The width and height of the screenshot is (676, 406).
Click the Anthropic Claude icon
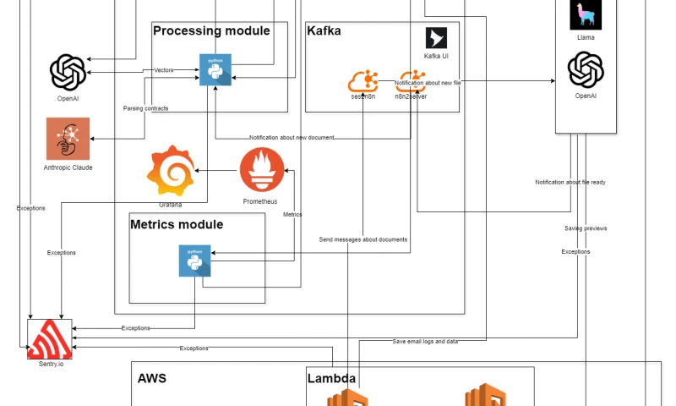68,139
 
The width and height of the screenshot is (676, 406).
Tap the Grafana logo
172,172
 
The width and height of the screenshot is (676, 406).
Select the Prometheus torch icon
262,169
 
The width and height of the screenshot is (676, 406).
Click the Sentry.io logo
50,341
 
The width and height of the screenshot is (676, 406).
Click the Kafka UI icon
436,38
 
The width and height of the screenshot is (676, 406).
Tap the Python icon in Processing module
215,69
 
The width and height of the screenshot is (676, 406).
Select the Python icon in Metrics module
194,261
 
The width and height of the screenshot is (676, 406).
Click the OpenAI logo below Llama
586,69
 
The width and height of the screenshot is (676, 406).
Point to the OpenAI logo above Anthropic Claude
68,72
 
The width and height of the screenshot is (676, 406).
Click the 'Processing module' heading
211,31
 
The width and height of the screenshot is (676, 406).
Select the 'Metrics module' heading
177,225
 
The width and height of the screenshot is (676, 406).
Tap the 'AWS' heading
152,378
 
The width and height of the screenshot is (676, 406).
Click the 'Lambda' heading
331,378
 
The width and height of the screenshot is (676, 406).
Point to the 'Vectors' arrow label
163,70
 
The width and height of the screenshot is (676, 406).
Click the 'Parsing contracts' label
145,108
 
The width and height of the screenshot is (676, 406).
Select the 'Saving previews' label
586,228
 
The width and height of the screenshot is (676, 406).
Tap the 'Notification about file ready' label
570,182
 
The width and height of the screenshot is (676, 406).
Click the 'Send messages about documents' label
363,239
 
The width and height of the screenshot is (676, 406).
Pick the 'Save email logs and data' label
425,341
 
